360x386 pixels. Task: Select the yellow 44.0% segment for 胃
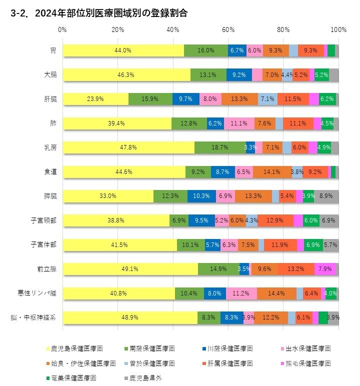pos(123,50)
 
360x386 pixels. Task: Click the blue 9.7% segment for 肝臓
pos(186,99)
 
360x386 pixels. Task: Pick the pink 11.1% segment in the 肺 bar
pos(239,123)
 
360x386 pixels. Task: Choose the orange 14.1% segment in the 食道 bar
pos(272,171)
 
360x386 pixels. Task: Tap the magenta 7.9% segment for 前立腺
pos(325,268)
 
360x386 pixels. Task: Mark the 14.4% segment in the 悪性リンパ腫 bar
pos(276,293)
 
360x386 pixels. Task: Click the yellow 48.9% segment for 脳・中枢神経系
pos(130,317)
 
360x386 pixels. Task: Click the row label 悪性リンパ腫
pos(41,293)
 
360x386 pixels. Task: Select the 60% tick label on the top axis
pos(228,29)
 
